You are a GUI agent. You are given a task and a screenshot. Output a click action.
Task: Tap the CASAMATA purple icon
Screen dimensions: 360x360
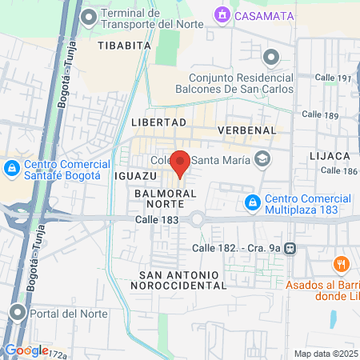[x=221, y=14]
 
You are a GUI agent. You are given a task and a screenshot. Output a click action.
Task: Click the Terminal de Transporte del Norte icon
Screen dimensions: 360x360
[x=89, y=16]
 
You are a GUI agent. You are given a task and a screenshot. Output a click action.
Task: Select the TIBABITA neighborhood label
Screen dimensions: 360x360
[x=124, y=46]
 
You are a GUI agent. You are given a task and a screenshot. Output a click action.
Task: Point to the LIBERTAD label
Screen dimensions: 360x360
[x=158, y=122]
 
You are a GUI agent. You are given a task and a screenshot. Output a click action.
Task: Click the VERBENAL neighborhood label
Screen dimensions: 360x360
[x=246, y=130]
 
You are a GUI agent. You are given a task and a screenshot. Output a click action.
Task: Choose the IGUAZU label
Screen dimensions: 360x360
[x=136, y=175]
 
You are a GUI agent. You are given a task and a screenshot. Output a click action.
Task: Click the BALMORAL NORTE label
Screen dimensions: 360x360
[x=166, y=200]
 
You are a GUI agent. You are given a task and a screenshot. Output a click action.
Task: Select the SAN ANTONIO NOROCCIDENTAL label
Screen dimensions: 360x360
[x=176, y=279]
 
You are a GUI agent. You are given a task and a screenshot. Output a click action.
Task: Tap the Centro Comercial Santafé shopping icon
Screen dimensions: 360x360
[x=11, y=168]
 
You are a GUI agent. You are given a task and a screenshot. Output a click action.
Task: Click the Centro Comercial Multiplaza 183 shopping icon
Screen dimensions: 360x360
[x=253, y=202]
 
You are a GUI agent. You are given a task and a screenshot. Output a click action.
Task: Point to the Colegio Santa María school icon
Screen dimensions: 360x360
[x=261, y=158]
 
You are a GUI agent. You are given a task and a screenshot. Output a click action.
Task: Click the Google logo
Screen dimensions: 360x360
[x=26, y=350]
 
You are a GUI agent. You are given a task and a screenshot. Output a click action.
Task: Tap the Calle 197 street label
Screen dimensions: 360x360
[x=334, y=78]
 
